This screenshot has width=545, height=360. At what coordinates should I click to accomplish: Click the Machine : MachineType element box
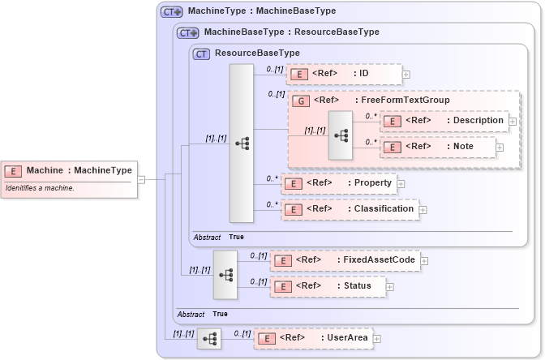[x=68, y=170]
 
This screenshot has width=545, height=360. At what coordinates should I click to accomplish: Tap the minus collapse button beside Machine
[x=141, y=179]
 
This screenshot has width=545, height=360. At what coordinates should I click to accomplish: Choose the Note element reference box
[x=438, y=147]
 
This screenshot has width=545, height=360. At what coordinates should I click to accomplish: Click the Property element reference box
[x=338, y=183]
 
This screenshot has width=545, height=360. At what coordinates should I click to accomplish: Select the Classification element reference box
[x=349, y=209]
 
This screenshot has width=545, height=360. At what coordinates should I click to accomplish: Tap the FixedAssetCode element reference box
[x=345, y=260]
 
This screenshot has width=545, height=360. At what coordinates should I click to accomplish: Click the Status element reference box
[x=327, y=285]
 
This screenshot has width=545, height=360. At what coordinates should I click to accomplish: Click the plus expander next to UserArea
[x=376, y=339]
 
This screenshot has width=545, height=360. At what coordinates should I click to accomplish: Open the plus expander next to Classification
[x=423, y=210]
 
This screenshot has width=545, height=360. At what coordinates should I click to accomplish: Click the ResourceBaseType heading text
[x=257, y=53]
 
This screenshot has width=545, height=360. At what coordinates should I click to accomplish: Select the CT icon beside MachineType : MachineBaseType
[x=171, y=12]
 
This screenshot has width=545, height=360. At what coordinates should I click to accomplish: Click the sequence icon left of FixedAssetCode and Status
[x=225, y=274]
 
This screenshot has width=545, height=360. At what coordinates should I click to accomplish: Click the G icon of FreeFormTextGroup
[x=300, y=101]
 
